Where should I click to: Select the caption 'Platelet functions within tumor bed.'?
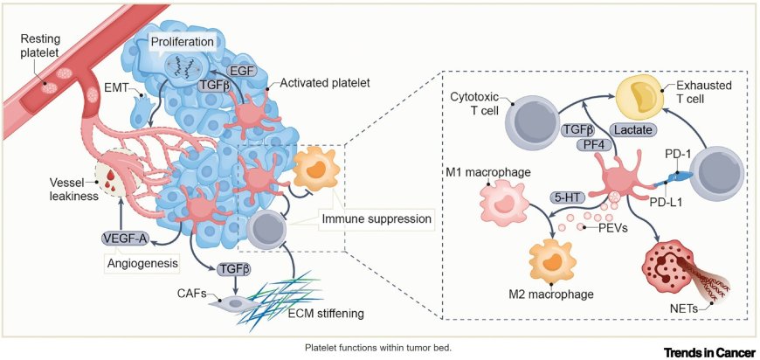tap(377, 347)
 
